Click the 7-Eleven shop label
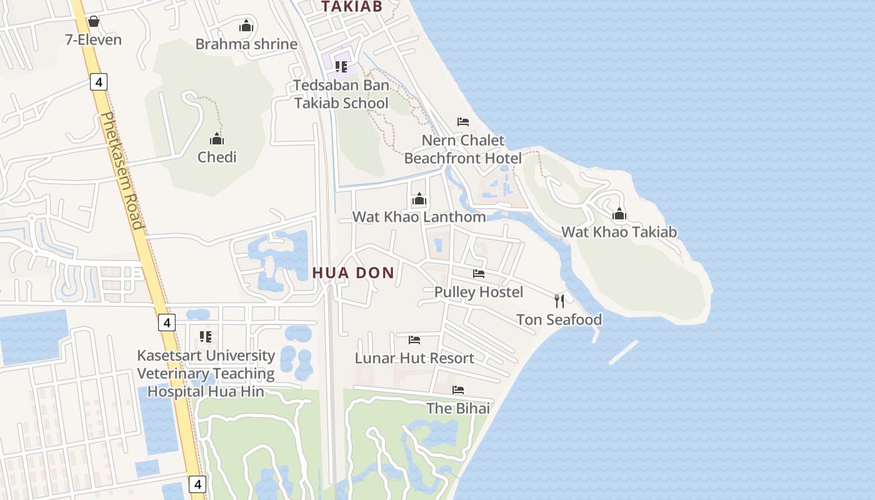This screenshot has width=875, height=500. [94, 40]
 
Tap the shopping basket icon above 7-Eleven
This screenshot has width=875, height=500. [94, 22]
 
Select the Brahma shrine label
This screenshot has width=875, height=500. [246, 44]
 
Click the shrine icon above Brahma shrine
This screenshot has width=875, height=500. [246, 26]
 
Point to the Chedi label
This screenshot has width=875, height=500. [217, 157]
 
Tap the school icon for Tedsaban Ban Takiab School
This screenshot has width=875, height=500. [341, 66]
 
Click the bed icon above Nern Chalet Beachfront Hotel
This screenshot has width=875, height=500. [463, 121]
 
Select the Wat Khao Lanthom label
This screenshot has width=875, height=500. [419, 217]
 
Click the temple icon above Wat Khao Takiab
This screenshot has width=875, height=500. [619, 214]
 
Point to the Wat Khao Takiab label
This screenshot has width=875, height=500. [619, 232]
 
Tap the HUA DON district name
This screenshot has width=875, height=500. [353, 272]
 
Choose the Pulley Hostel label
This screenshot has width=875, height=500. [479, 292]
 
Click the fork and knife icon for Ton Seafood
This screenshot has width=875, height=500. [559, 301]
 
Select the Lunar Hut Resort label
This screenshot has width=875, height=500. [414, 358]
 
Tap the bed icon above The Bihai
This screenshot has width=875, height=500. [458, 390]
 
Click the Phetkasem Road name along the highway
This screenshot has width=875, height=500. [122, 171]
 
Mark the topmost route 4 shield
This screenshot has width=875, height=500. [99, 81]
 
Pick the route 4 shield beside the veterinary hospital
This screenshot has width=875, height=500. [166, 322]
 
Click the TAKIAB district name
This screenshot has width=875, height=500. [351, 6]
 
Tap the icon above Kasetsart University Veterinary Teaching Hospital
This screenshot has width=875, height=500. [206, 337]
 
